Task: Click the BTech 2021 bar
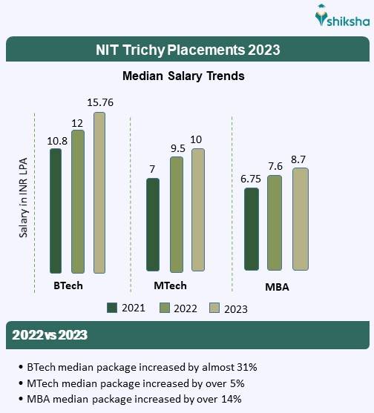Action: [55, 211]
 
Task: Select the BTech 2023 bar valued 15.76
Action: [99, 193]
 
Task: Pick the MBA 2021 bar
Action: [252, 229]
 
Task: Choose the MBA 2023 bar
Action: [299, 219]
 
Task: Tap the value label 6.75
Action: [251, 179]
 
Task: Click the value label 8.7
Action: [300, 159]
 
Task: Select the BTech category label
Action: [68, 285]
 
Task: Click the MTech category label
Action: [170, 285]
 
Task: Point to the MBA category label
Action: [278, 287]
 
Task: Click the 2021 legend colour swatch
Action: [113, 308]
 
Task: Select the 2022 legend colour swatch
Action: [163, 308]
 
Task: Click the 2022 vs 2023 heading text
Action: [50, 335]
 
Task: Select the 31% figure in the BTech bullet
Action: [247, 367]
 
